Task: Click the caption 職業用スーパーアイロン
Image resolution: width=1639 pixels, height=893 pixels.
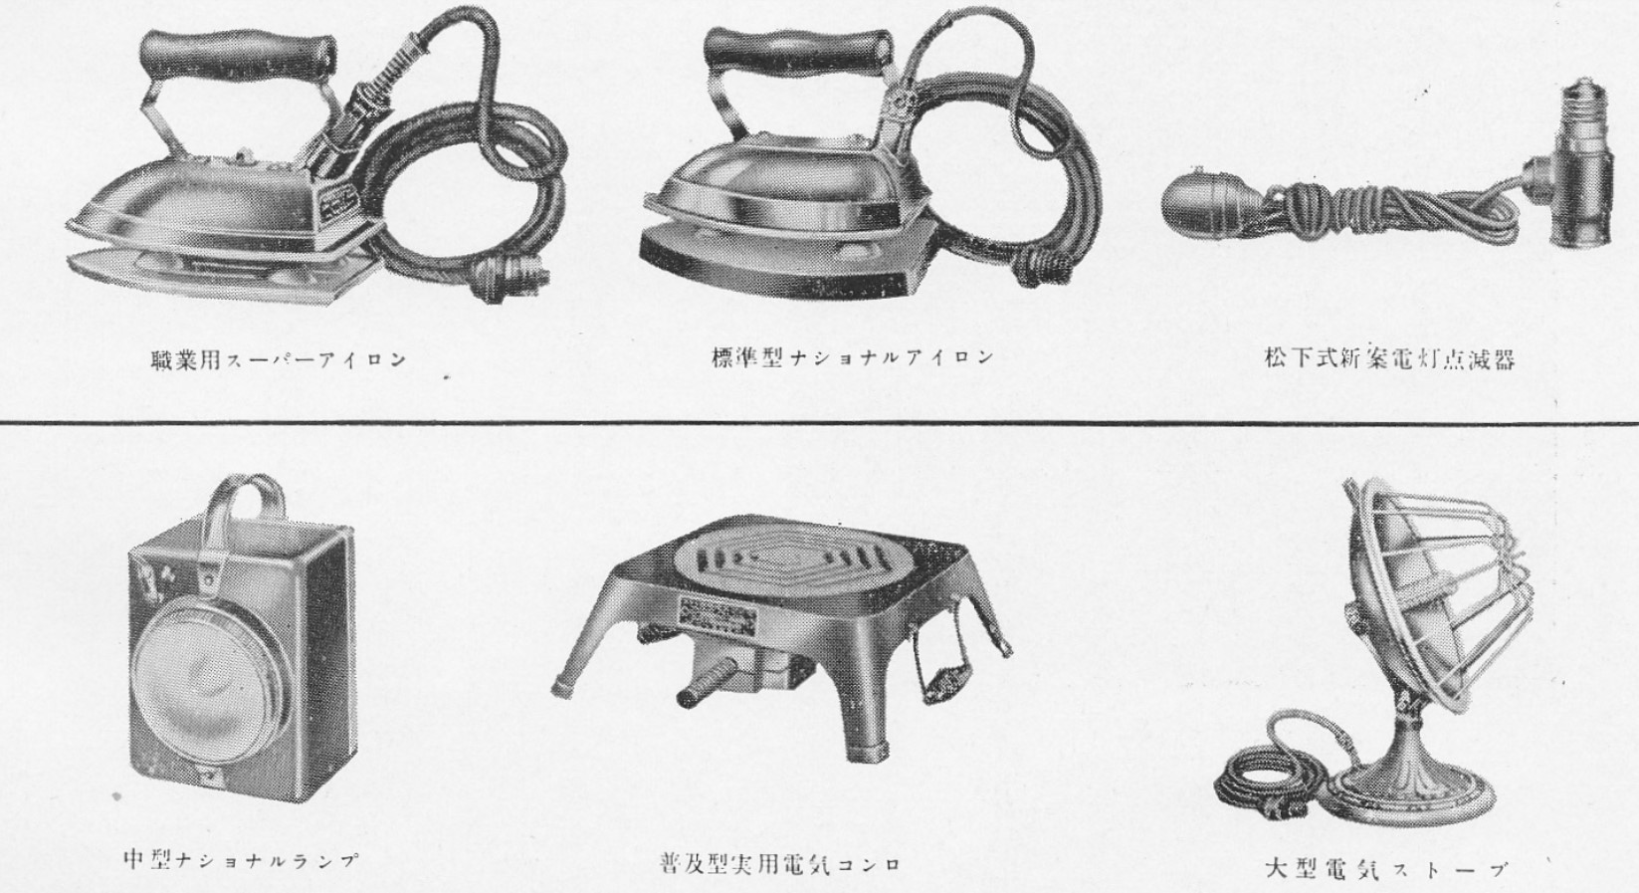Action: click(x=278, y=360)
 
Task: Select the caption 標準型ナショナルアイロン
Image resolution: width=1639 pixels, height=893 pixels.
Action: click(x=853, y=357)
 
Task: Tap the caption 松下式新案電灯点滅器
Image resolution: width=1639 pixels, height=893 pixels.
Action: click(x=1390, y=359)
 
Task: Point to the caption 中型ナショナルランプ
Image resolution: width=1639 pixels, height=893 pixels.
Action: click(x=242, y=859)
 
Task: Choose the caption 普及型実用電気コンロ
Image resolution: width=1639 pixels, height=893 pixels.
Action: click(x=779, y=864)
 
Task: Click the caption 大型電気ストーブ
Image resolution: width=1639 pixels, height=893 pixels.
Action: click(x=1386, y=869)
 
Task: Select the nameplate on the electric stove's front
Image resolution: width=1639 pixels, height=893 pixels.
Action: click(x=717, y=618)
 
